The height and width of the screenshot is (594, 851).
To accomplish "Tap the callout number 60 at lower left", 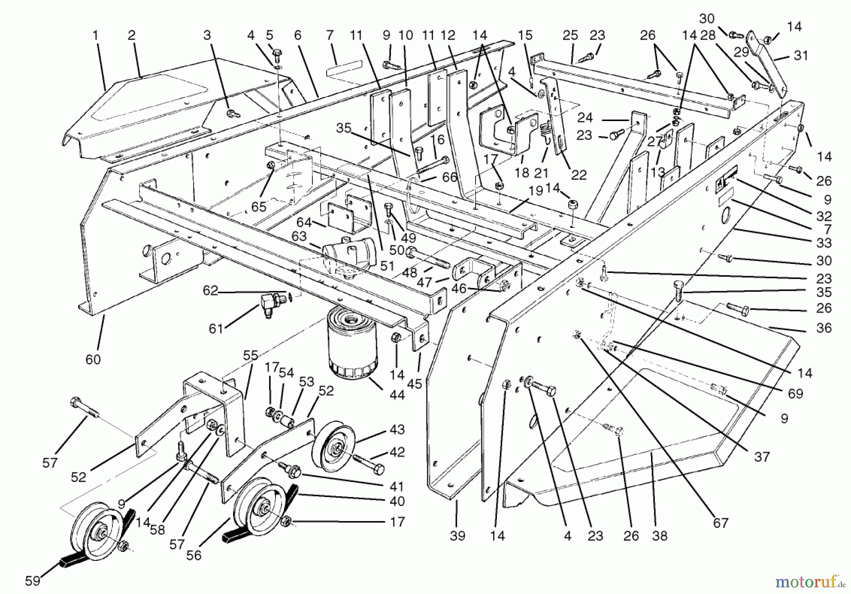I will click(93, 359).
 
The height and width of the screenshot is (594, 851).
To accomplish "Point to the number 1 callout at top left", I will click(96, 35).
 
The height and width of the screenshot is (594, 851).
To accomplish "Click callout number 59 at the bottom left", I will click(33, 580).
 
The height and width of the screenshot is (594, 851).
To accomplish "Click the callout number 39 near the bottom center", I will click(457, 535).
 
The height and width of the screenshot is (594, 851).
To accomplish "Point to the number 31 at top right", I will click(801, 55).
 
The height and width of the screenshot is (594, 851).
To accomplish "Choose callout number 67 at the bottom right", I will click(721, 523).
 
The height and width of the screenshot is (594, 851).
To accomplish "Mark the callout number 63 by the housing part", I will click(299, 236).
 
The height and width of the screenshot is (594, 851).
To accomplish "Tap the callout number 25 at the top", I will click(571, 35).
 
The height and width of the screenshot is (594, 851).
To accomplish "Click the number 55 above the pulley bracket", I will click(251, 355).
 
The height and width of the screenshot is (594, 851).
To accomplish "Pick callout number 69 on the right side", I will click(796, 393).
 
